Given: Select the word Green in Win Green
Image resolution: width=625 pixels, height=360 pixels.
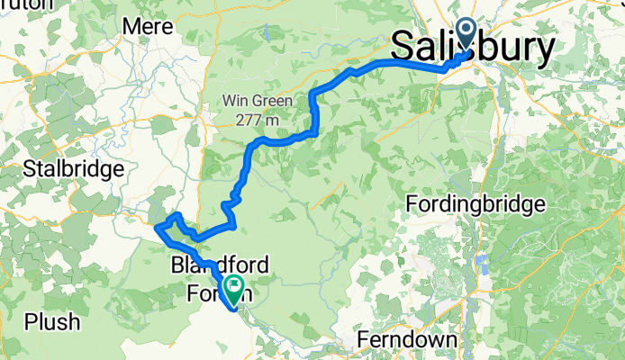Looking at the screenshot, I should coord(272,101).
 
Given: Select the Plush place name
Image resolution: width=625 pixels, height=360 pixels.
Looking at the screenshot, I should coord(53,321).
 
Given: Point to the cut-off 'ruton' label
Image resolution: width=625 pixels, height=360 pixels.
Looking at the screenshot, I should coord(22,3).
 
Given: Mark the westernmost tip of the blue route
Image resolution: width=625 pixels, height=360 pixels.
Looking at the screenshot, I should coord(157,228).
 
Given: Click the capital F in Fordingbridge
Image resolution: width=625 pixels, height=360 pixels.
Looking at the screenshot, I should coord(413,203).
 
